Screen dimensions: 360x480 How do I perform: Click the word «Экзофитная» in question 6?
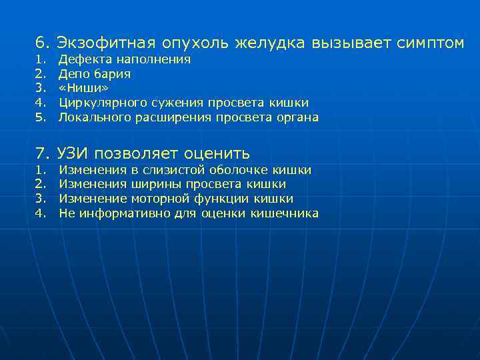[x=106, y=43]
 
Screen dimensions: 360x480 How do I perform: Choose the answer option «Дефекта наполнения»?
[x=125, y=59]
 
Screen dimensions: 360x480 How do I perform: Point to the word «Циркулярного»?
[x=98, y=103]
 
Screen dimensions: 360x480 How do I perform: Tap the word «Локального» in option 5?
[x=91, y=117]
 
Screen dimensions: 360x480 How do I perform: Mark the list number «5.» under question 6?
[x=41, y=117]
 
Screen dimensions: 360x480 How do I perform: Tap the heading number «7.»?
[x=43, y=154]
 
